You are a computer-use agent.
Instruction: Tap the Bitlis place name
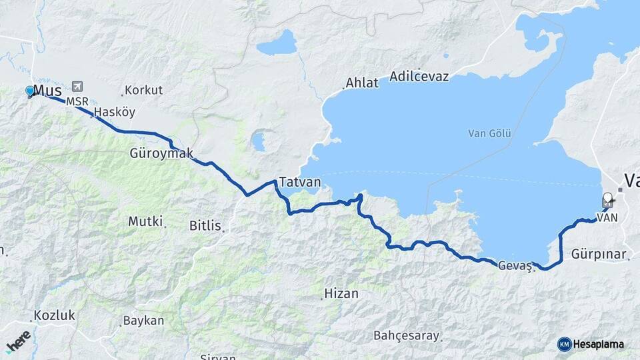pyautogui.click(x=205, y=225)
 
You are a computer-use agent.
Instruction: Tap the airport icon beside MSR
pyautogui.click(x=78, y=87)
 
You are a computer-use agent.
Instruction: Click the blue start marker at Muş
pyautogui.click(x=30, y=91)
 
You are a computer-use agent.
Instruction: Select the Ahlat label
pyautogui.click(x=362, y=83)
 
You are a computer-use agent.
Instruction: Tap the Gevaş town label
pyautogui.click(x=515, y=265)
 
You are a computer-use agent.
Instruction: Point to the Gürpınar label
pyautogui.click(x=599, y=254)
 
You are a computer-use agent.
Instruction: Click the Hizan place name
pyautogui.click(x=341, y=293)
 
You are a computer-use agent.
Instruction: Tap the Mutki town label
pyautogui.click(x=145, y=221)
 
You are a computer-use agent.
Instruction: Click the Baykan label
pyautogui.click(x=143, y=321)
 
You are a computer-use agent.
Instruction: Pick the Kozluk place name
pyautogui.click(x=54, y=315)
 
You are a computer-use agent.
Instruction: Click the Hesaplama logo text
pyautogui.click(x=598, y=344)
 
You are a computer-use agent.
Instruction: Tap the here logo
pyautogui.click(x=19, y=341)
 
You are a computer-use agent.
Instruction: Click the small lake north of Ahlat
pyautogui.click(x=277, y=44)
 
